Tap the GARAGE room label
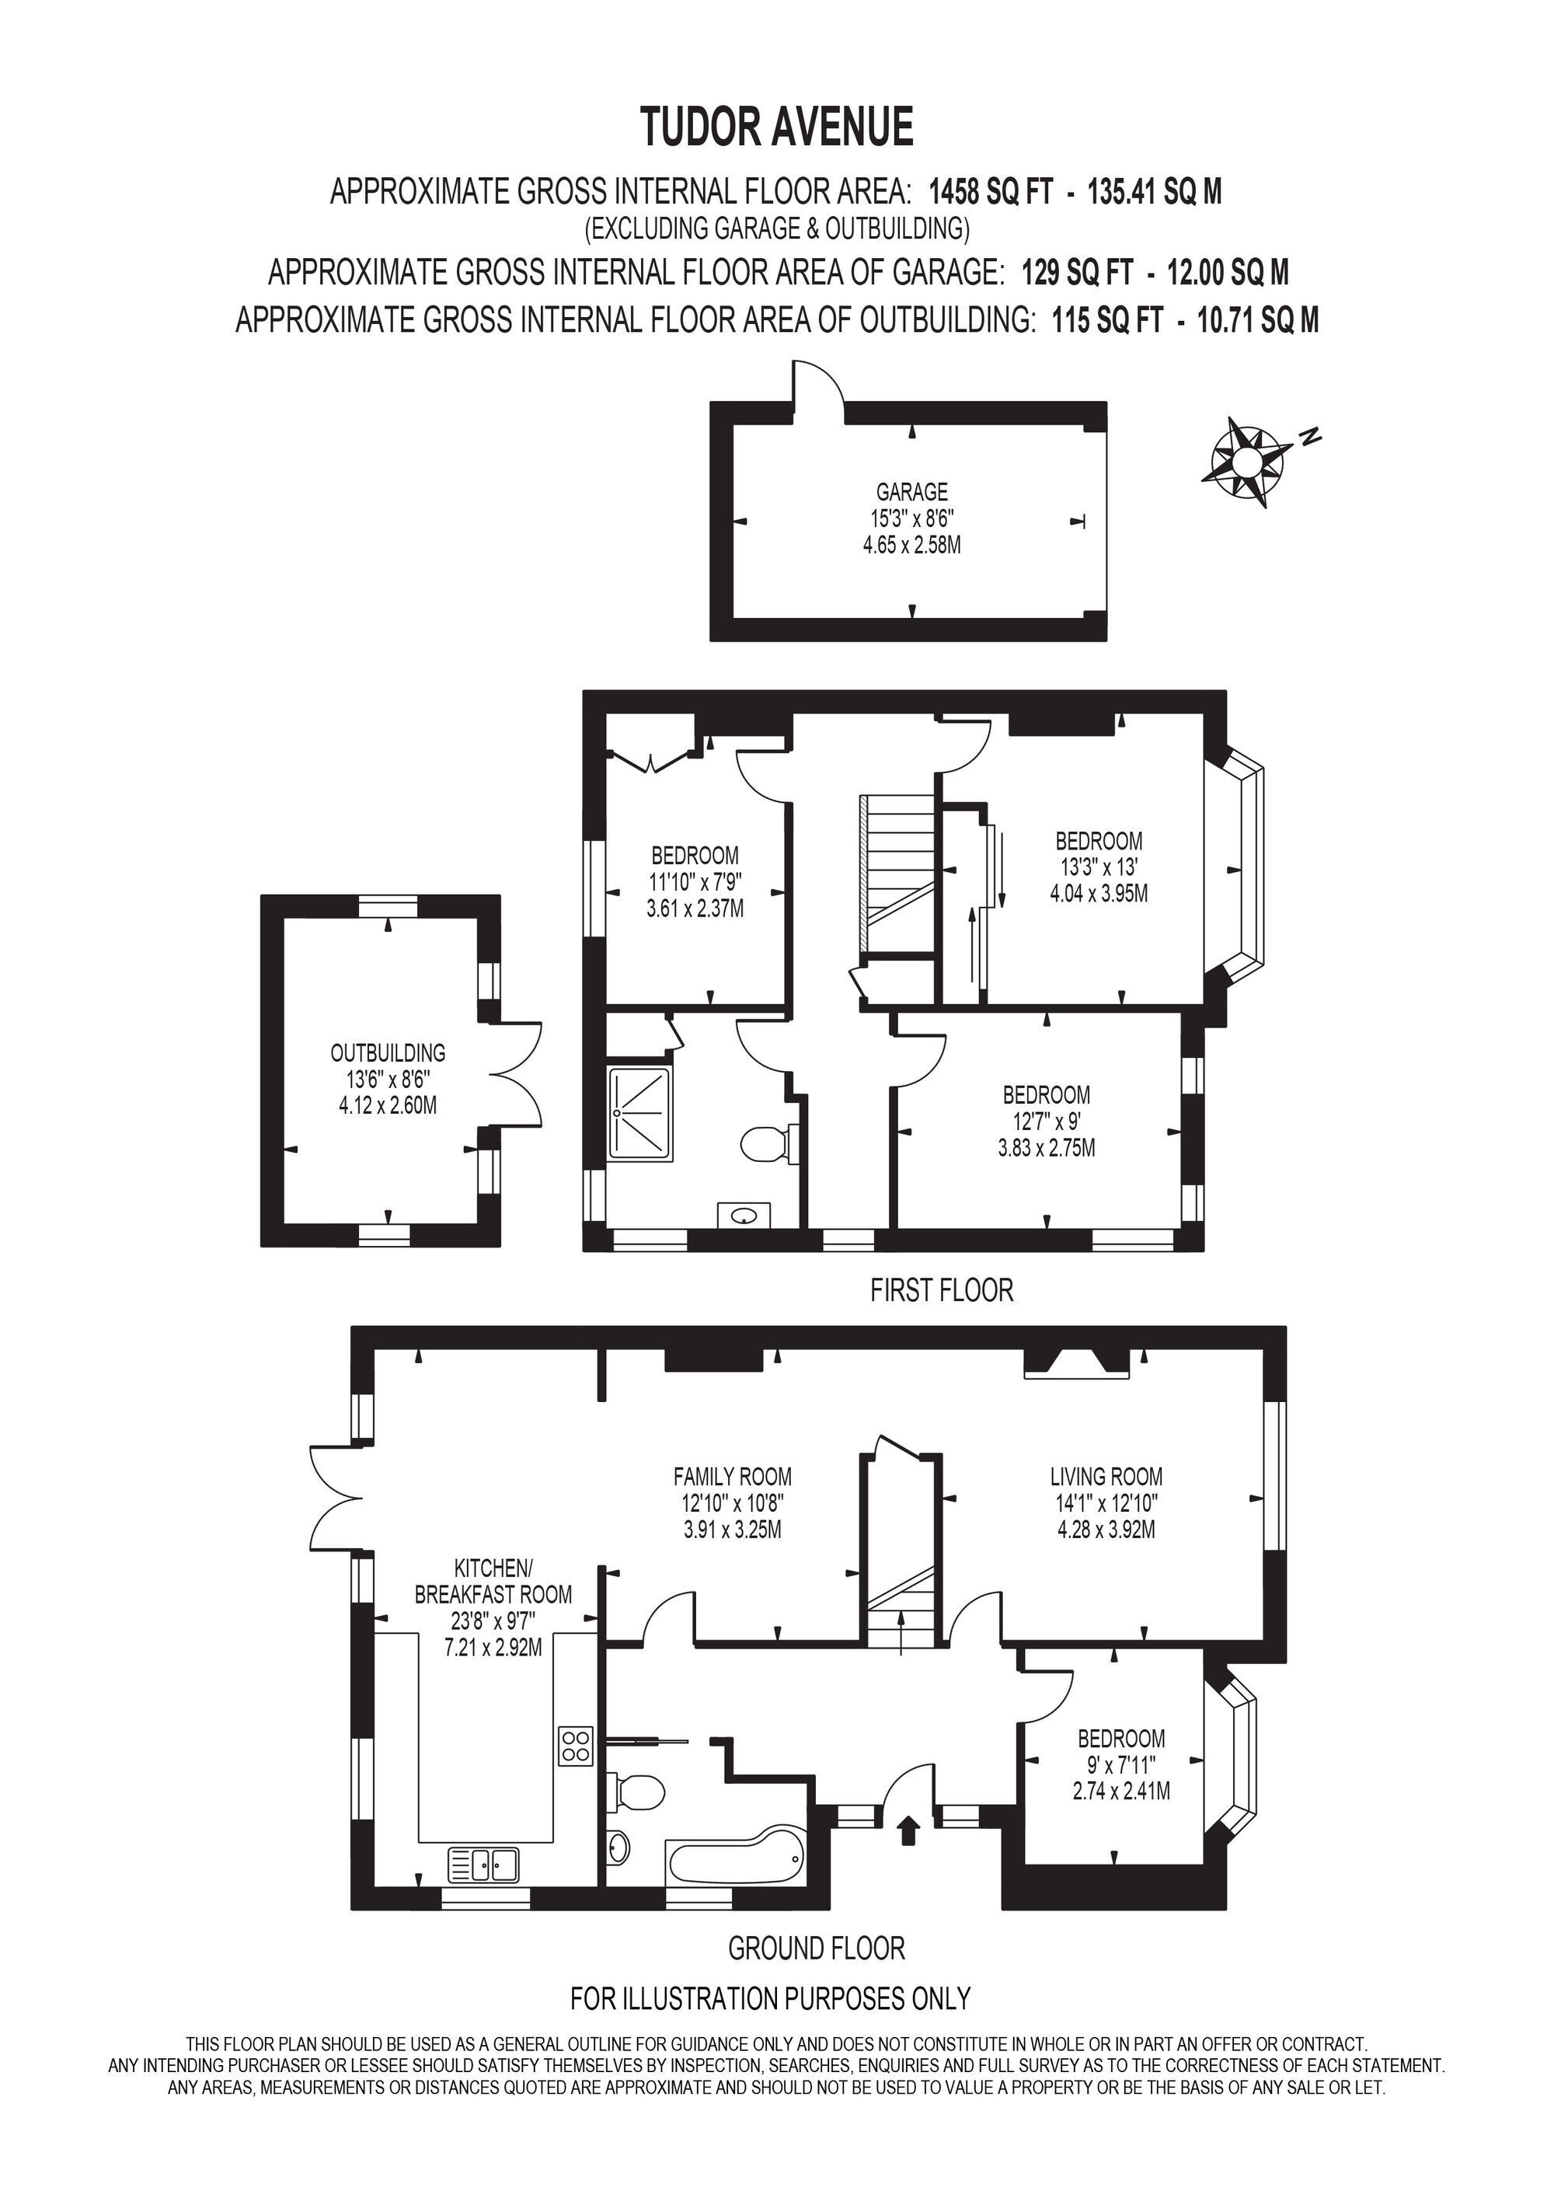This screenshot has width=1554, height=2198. point(912,492)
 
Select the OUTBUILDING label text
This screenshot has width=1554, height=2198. point(388,1053)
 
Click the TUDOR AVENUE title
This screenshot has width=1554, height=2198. point(777,127)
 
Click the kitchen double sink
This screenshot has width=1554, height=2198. point(483,1863)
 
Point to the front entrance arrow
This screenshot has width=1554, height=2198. point(908,1830)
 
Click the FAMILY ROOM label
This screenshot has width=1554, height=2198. point(733,1476)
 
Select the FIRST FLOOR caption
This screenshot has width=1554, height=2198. point(942,1290)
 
